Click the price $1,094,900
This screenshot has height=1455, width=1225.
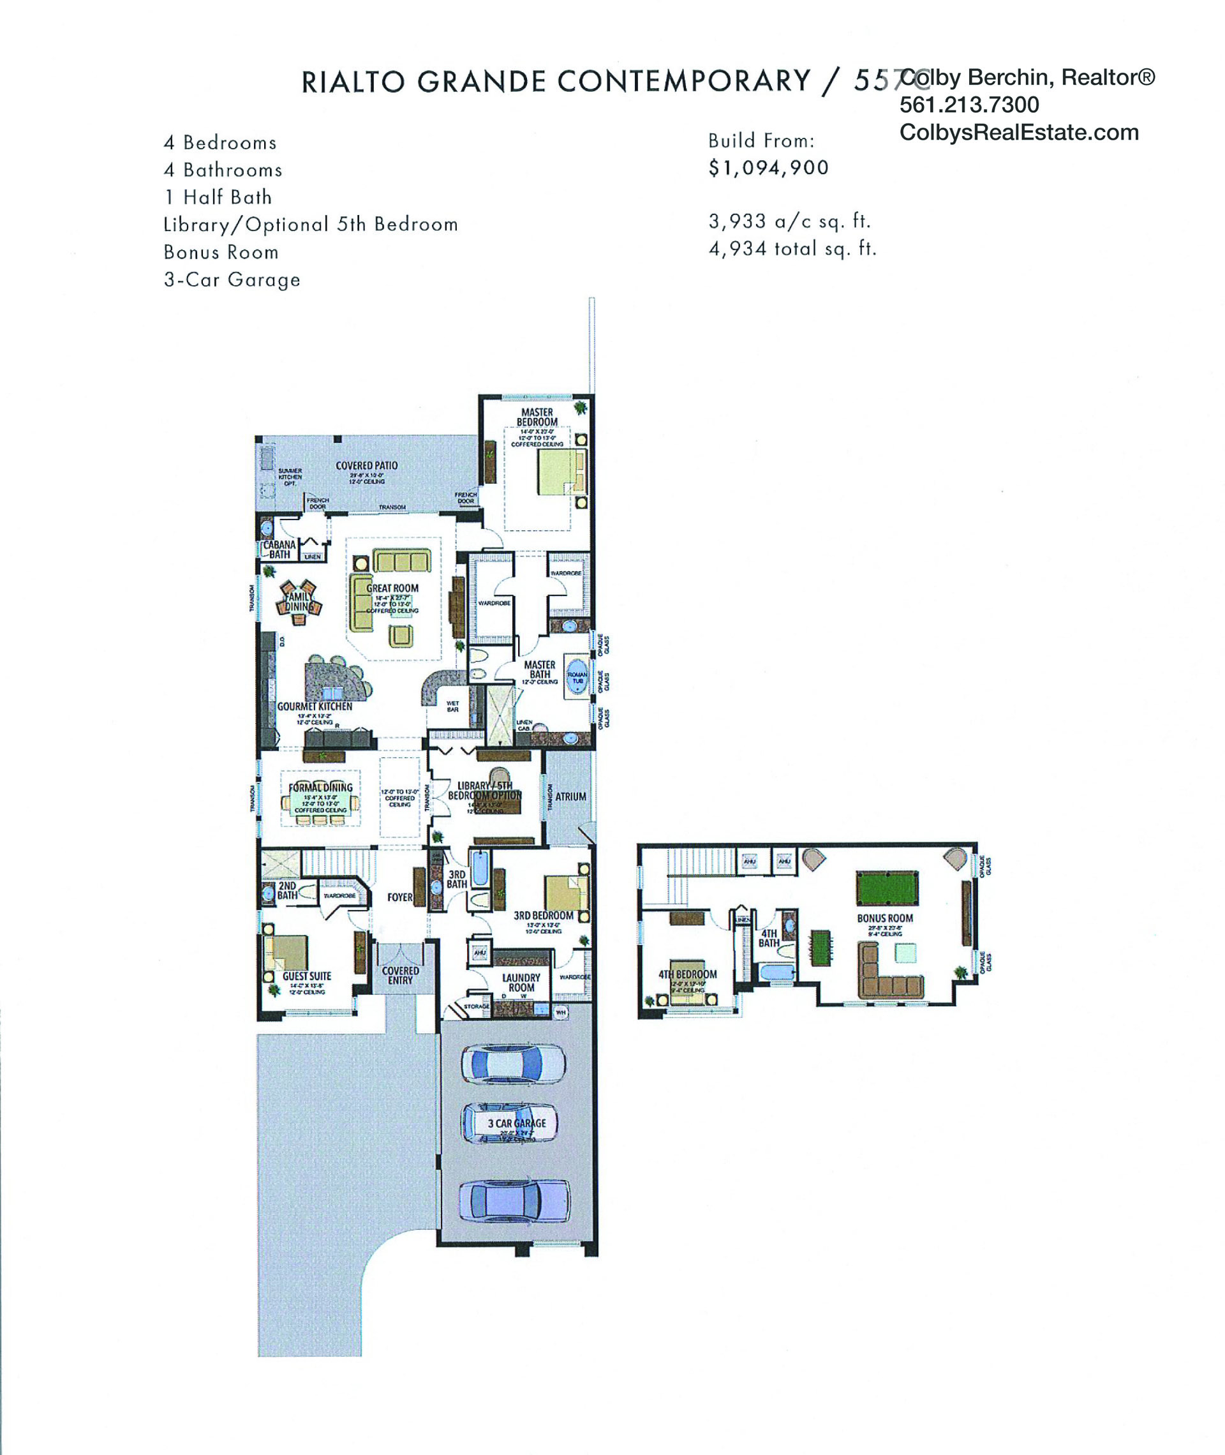(x=768, y=168)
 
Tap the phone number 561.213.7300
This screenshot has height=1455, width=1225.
(x=969, y=105)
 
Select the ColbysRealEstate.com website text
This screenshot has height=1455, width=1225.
(x=1019, y=133)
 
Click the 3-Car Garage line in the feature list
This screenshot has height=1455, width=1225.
(x=232, y=280)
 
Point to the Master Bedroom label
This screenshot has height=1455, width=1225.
(x=537, y=417)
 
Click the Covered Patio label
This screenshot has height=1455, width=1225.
(x=367, y=465)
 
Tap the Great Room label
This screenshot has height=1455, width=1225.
(x=392, y=588)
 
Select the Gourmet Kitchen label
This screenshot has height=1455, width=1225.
(x=315, y=706)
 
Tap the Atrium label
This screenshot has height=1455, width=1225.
(x=570, y=796)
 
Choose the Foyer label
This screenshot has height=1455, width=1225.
(x=400, y=897)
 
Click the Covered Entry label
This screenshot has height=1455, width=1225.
(x=400, y=975)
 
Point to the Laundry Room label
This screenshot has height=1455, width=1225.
(x=521, y=982)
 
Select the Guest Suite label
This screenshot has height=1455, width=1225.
(x=306, y=976)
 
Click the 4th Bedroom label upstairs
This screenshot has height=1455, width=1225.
(x=688, y=974)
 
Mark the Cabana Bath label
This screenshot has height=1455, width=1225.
(x=279, y=549)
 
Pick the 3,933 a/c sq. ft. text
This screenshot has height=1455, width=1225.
(x=789, y=221)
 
